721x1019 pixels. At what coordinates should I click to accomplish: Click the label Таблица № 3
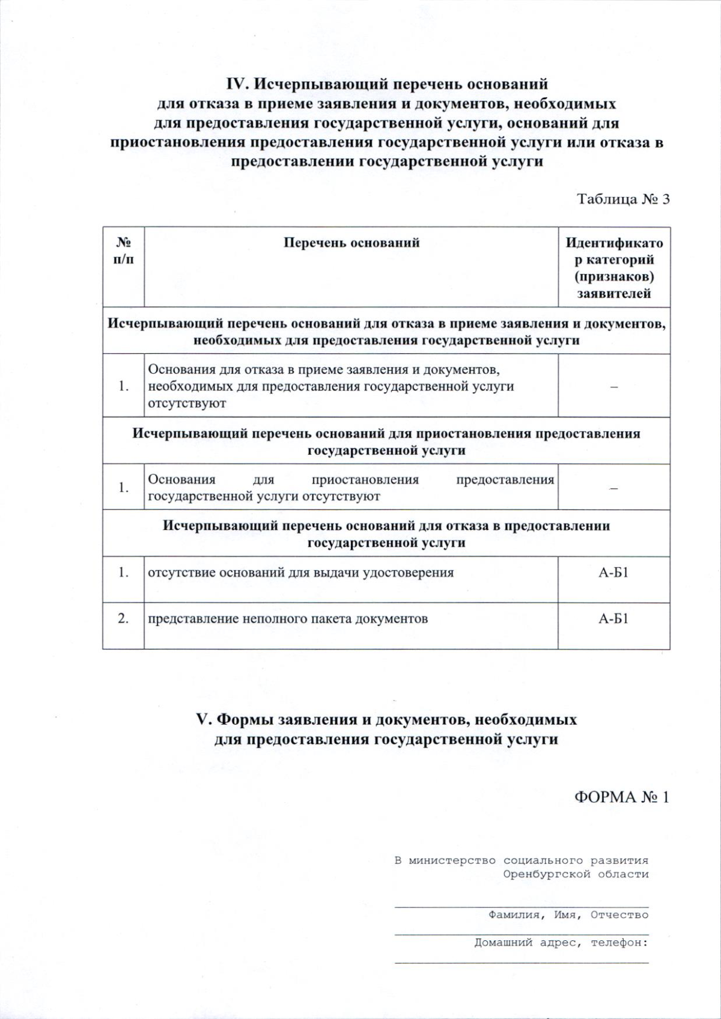click(x=622, y=199)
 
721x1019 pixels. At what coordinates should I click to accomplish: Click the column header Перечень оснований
click(x=351, y=243)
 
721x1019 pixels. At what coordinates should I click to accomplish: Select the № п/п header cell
click(x=124, y=251)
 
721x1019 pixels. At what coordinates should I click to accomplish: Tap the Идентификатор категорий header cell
click(x=614, y=268)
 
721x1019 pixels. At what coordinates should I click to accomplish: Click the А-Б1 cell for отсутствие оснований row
click(x=613, y=573)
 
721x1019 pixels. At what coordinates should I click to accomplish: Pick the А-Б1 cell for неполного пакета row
click(x=613, y=619)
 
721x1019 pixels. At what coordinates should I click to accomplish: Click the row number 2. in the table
click(x=123, y=618)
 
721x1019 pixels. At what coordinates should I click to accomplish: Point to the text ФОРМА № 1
click(x=621, y=797)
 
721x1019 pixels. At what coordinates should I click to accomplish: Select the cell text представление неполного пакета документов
click(x=288, y=619)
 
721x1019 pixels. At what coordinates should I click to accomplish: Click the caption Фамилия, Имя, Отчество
click(x=568, y=915)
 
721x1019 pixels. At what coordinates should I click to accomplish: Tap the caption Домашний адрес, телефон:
click(x=561, y=943)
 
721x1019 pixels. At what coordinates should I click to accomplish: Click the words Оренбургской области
click(x=576, y=874)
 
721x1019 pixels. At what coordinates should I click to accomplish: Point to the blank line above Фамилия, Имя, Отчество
click(x=522, y=904)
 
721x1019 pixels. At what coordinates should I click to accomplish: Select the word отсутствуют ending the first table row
click(x=187, y=403)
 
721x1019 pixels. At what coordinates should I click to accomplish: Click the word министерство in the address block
click(x=452, y=860)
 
